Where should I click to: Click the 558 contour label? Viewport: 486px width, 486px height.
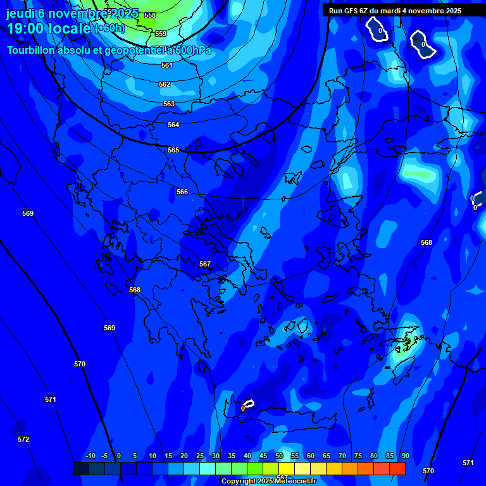click(150, 15)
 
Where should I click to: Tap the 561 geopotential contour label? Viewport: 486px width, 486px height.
click(166, 65)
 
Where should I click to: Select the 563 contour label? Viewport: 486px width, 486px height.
click(169, 104)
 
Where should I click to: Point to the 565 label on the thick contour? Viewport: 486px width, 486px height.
click(173, 150)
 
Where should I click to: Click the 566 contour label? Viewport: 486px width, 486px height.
click(182, 192)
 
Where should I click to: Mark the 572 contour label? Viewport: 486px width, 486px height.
click(23, 439)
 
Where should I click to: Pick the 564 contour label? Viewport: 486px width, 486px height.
click(173, 125)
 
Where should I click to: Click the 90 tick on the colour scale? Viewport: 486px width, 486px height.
click(405, 456)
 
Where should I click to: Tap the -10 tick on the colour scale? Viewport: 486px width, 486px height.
click(90, 456)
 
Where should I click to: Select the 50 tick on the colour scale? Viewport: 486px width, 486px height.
click(279, 456)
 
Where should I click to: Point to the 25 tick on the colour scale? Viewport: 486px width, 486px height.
click(200, 456)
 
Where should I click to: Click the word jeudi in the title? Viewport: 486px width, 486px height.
click(21, 13)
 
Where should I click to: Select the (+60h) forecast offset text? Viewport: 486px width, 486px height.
click(109, 28)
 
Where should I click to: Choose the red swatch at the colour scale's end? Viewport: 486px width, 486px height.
click(397, 468)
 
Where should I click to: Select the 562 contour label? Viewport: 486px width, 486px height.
click(165, 84)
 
